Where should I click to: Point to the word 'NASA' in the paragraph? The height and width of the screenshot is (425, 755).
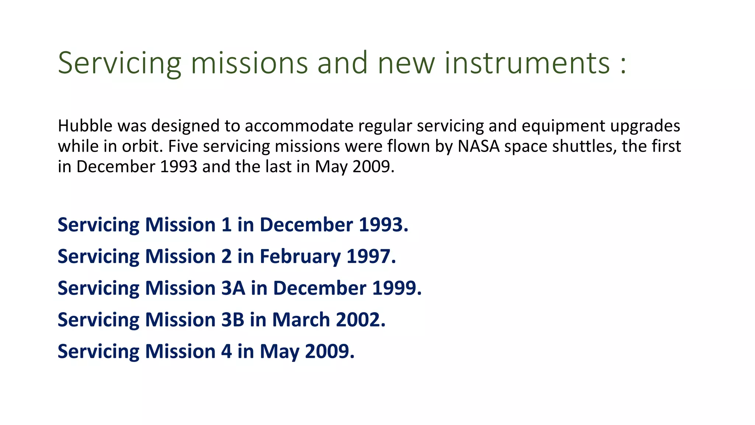pos(479,146)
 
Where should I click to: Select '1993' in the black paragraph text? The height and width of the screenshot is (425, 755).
pos(179,166)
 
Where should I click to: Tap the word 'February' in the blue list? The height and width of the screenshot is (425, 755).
pos(300,257)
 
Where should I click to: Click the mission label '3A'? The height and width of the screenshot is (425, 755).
pos(233,288)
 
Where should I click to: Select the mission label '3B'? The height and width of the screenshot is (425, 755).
pos(233,319)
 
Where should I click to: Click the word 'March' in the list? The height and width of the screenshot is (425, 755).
pos(301,319)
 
